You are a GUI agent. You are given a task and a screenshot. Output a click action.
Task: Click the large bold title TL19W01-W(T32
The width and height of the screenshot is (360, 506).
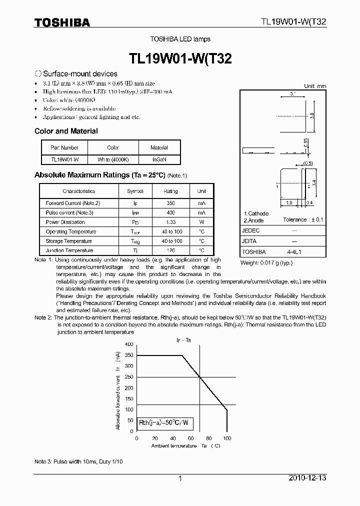(x=180, y=58)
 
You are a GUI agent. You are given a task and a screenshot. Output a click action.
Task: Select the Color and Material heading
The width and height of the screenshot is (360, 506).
(x=66, y=131)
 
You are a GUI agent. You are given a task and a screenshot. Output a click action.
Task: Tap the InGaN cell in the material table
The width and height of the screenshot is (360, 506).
(x=159, y=159)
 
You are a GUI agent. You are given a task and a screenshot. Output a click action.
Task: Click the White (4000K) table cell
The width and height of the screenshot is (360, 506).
(x=113, y=159)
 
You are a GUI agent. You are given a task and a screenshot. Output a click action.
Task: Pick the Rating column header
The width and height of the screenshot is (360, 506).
(x=170, y=191)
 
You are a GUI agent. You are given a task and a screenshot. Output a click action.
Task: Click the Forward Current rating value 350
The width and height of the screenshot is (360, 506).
(x=170, y=203)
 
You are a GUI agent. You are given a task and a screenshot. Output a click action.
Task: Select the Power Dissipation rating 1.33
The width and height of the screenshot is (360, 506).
(x=170, y=222)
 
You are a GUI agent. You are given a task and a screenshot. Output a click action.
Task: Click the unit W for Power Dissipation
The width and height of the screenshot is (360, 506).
(x=201, y=222)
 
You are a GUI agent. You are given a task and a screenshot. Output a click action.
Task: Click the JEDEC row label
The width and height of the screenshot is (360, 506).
(x=250, y=231)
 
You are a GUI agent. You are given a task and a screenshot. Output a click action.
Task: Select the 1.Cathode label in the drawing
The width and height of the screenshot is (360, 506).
(x=256, y=213)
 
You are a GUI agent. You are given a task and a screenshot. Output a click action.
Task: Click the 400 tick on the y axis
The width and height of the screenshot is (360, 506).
(x=129, y=344)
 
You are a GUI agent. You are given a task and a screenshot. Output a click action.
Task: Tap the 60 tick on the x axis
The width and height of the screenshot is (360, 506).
(x=191, y=438)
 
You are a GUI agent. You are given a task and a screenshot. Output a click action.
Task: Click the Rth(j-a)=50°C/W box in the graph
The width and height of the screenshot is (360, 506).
(x=164, y=422)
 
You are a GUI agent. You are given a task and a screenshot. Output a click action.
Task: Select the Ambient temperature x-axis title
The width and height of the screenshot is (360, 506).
(x=174, y=445)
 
